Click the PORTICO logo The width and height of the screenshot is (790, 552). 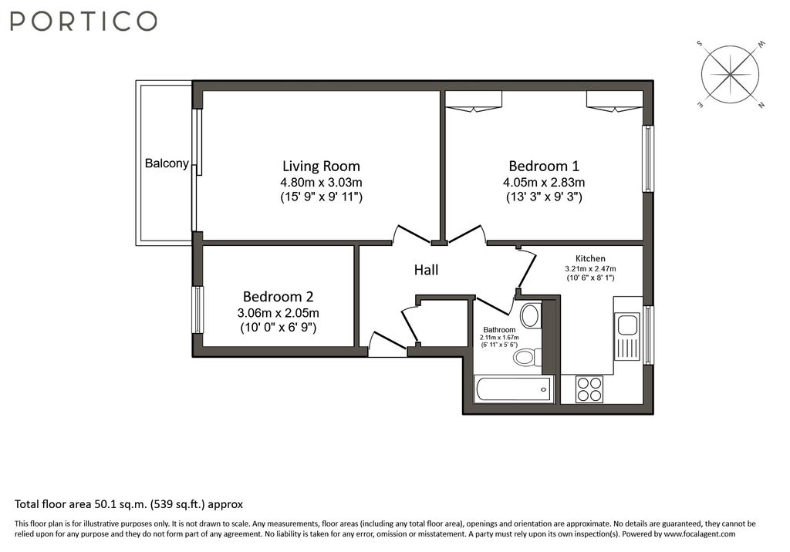pos(84,22)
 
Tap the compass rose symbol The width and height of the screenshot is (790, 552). pos(730,75)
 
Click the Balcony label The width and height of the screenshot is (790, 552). pos(167,163)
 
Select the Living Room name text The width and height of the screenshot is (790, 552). pos(321,166)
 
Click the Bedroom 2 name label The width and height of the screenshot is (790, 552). pos(279,297)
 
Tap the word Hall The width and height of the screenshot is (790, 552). pos(426,270)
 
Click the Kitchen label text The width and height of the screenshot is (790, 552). pos(590,258)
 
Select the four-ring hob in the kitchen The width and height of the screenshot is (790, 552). pos(590,389)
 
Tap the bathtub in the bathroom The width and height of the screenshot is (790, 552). pos(514,389)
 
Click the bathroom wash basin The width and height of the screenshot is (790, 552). pos(530,315)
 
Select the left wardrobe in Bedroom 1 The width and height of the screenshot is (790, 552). pos(474,101)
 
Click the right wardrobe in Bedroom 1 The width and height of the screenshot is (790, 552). pos(614,101)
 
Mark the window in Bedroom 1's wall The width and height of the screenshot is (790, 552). pos(648,159)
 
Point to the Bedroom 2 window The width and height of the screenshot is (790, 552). pos(198,310)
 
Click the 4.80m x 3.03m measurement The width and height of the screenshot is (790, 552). pos(321,183)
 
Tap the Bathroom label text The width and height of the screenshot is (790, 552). pos(499,330)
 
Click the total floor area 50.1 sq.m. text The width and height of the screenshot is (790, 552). pos(129,504)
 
